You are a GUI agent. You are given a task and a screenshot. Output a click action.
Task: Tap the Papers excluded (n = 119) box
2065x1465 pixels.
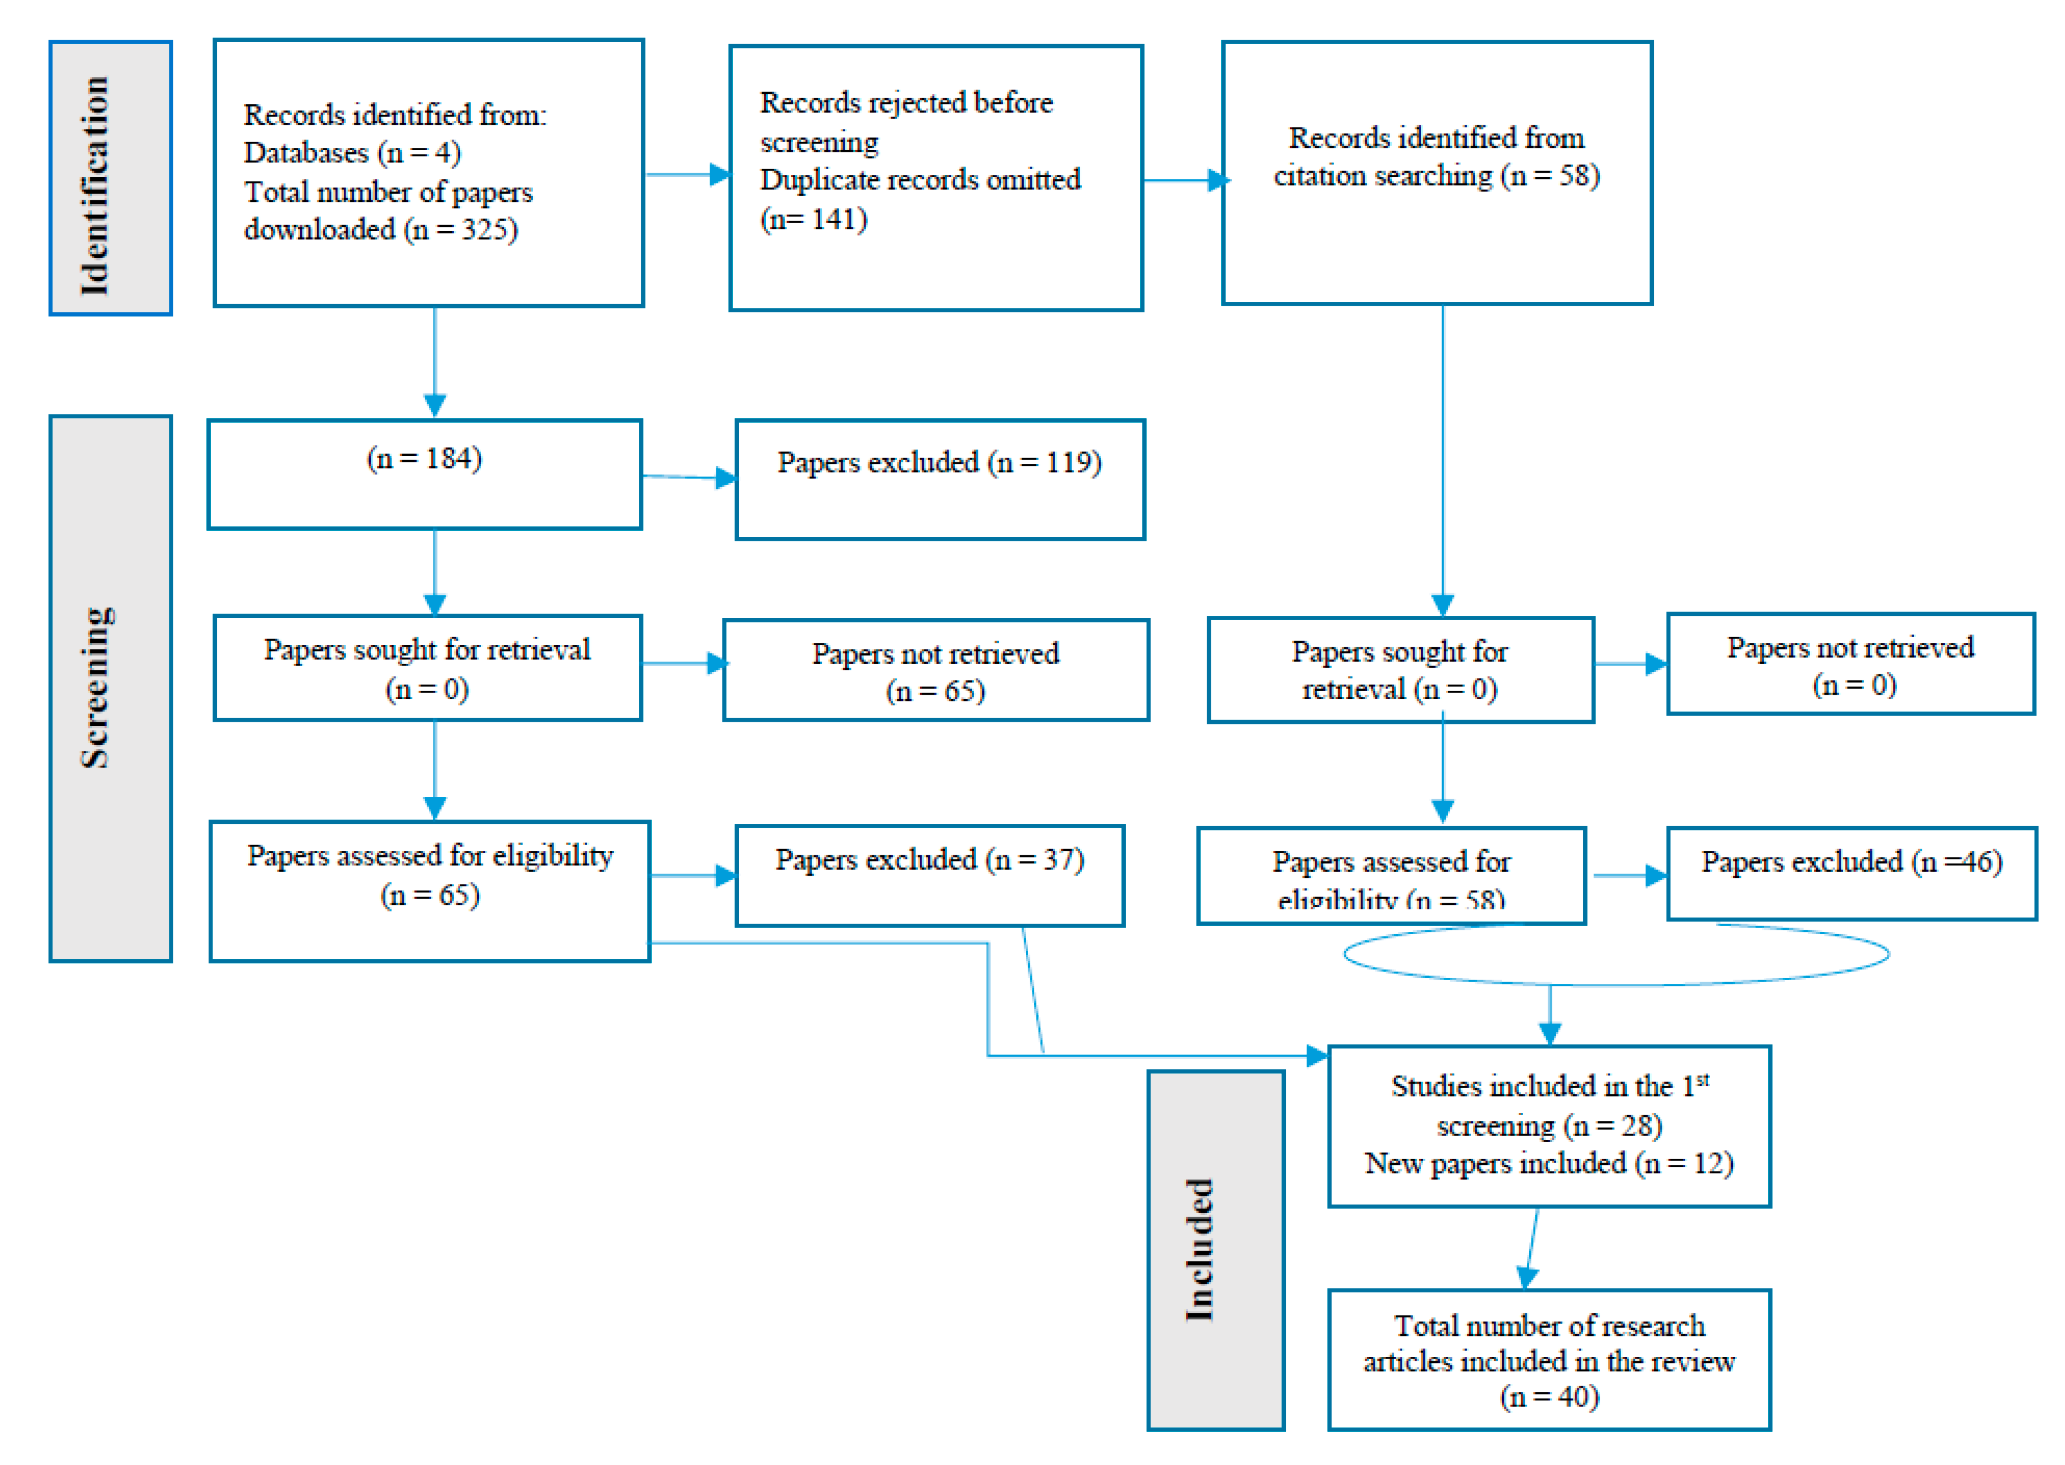point(939,479)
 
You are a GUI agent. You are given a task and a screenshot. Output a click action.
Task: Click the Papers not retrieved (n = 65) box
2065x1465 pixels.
point(935,670)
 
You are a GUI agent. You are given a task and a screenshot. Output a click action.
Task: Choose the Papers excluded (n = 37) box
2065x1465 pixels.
point(929,875)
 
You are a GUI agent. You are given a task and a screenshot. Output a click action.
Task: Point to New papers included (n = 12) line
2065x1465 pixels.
point(1548,1164)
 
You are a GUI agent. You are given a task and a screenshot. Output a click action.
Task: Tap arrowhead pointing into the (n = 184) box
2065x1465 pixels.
point(435,406)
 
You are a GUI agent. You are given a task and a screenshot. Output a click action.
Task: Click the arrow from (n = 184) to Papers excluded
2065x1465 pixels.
point(688,476)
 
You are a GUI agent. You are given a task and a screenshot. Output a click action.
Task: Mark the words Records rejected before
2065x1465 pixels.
point(905,103)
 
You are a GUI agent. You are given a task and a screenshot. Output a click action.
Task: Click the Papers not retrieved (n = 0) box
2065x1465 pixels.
point(1850,665)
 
